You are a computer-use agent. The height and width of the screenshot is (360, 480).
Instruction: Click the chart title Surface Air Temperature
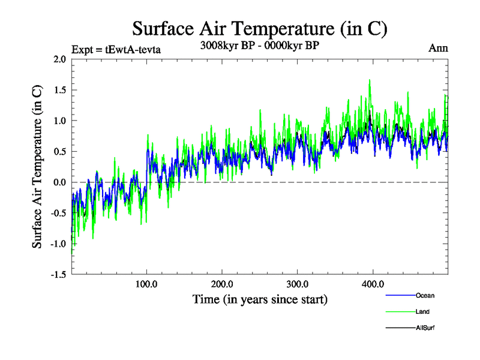260,28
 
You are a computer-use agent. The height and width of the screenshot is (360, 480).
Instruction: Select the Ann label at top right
439,48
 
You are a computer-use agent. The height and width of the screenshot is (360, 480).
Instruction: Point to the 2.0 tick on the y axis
59,59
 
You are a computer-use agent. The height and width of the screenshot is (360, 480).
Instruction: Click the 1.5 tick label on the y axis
59,90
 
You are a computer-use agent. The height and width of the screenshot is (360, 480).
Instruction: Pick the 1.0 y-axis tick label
59,121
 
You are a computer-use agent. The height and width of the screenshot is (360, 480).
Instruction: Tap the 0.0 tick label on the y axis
59,182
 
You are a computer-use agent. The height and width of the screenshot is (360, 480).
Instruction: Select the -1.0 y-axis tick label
58,244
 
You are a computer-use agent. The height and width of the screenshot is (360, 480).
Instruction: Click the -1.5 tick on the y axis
58,274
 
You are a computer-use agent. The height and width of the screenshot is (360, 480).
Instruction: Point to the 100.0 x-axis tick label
146,284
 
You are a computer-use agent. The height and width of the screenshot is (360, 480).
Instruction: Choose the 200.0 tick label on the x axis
222,284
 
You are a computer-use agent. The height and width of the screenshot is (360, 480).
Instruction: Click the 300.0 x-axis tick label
298,284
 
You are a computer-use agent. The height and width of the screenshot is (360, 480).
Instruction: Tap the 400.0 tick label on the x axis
373,284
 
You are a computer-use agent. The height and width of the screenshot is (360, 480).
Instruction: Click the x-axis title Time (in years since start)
260,299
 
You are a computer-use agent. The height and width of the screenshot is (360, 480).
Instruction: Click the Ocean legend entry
424,295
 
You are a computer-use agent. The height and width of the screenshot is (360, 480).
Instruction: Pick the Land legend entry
422,311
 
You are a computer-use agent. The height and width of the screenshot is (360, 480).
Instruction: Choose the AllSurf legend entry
424,328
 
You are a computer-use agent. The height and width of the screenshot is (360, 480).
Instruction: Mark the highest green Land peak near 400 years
370,80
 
